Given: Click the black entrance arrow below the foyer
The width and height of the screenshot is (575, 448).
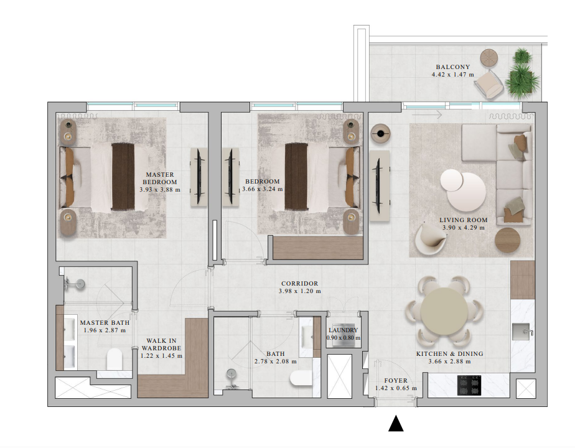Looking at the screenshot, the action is click(x=396, y=424).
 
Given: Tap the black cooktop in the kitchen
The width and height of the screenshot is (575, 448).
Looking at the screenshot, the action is click(x=469, y=385).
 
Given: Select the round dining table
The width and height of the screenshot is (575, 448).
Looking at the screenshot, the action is click(x=444, y=311).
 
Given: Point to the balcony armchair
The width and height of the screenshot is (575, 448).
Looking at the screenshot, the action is click(x=489, y=85).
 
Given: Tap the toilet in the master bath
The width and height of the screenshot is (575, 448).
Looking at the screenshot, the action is click(x=114, y=359).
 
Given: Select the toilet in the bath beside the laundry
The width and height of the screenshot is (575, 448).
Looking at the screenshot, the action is click(x=301, y=378).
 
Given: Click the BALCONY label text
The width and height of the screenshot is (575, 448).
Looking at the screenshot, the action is click(x=453, y=67).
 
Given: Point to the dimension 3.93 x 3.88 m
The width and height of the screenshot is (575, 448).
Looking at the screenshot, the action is click(x=160, y=190).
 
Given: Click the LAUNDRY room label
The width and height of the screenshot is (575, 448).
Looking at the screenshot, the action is click(x=344, y=330).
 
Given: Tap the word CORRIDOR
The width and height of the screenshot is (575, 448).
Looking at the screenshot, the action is click(x=299, y=283).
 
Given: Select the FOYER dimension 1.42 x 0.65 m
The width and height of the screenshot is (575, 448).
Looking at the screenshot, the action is click(x=396, y=388).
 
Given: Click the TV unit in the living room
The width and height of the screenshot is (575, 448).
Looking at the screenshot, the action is click(x=380, y=186).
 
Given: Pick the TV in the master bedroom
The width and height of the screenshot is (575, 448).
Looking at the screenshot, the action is click(x=199, y=176).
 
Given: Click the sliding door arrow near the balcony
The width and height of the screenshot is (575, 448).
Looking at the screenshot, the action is click(x=427, y=115).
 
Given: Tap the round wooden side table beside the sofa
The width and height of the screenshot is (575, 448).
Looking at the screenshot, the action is click(x=508, y=240).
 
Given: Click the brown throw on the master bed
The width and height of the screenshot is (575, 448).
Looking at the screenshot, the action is click(x=123, y=176).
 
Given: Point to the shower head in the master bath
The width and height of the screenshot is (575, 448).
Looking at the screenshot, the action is click(x=75, y=284).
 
